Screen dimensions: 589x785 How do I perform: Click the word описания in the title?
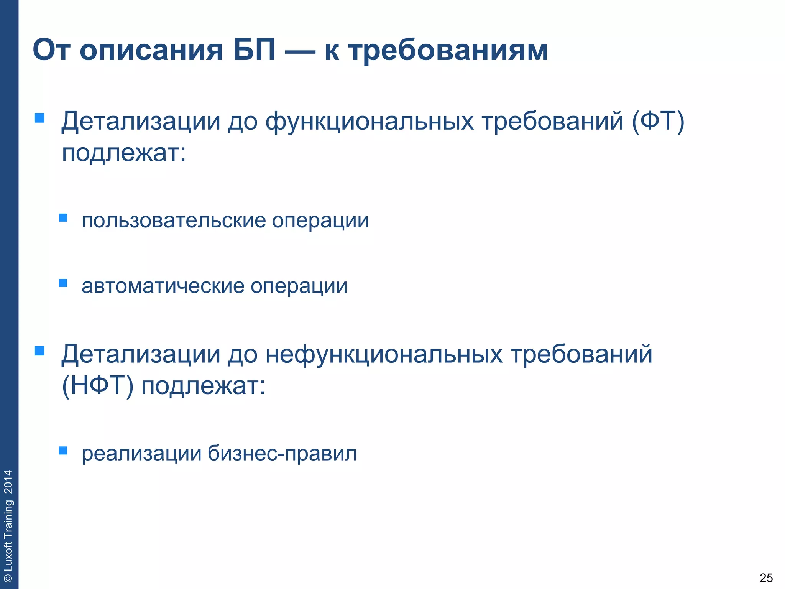coord(151,51)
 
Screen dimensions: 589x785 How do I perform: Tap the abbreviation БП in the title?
coord(254,50)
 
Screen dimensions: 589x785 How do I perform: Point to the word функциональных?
coord(370,122)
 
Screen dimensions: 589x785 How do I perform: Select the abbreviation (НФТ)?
coord(98,386)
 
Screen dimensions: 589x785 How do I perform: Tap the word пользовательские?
coord(174,221)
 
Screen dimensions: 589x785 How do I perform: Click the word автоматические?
coord(163,286)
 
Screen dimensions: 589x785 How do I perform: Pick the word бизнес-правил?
coord(282,454)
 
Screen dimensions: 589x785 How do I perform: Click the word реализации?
coord(141,454)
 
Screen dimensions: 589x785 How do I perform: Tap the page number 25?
coord(766,577)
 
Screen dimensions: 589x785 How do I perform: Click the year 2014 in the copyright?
coord(8,482)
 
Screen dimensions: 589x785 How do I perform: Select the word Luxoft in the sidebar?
coord(8,556)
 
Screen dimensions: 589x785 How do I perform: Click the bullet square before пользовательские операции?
coord(63,218)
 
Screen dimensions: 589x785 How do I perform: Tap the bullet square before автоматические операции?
coord(63,283)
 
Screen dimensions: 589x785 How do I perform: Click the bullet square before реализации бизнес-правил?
coord(63,450)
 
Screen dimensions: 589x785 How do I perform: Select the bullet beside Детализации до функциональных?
coord(39,117)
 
